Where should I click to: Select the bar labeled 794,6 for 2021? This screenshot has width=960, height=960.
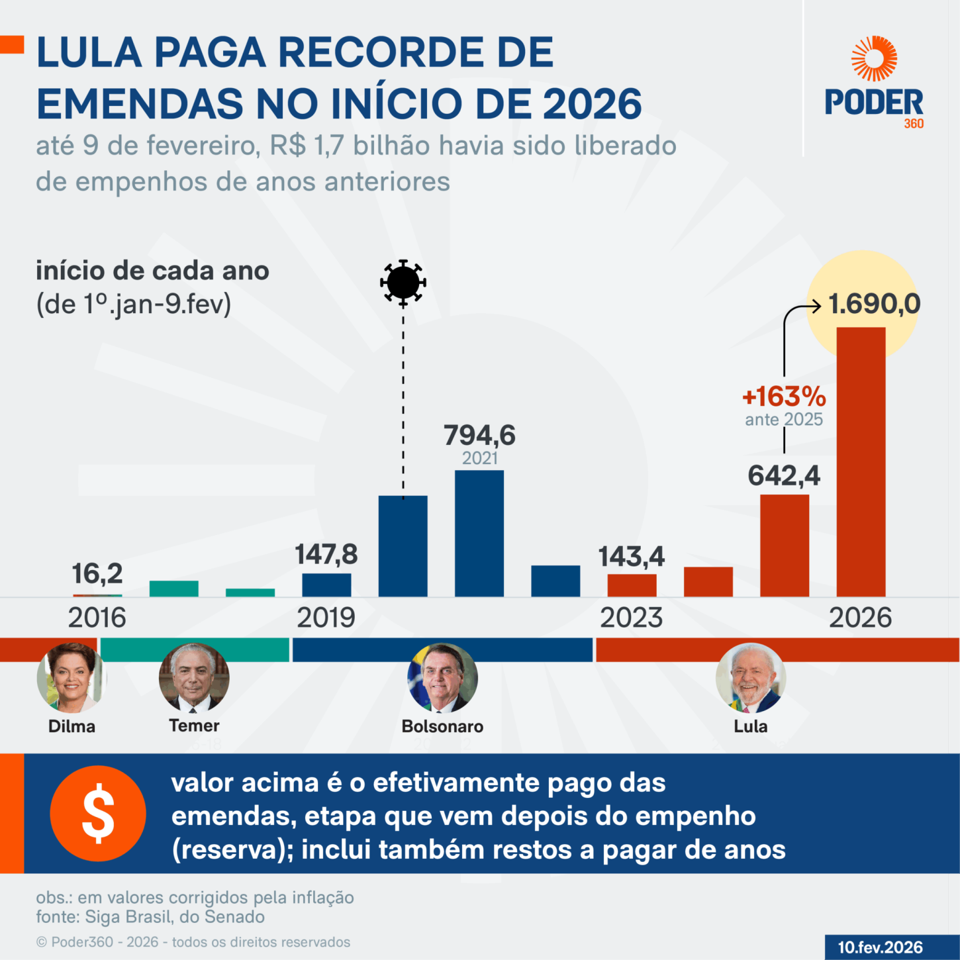tap(479, 533)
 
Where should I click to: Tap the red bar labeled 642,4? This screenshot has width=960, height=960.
tap(784, 546)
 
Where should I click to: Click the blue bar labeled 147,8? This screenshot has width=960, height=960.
tap(326, 585)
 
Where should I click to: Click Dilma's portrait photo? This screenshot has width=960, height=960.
tap(72, 677)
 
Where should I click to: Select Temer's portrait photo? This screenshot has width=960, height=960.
tap(194, 677)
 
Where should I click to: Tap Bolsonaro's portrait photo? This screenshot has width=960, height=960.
tap(442, 677)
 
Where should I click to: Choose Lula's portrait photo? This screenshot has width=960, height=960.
tap(750, 677)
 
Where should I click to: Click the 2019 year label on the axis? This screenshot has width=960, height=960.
tap(326, 618)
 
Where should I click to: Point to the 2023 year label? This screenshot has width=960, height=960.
tap(631, 618)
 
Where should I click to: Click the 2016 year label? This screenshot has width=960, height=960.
tap(97, 618)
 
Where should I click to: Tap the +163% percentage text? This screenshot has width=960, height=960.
tap(784, 397)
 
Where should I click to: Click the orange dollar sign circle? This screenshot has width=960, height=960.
tap(98, 813)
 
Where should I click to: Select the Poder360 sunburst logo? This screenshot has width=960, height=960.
tap(874, 59)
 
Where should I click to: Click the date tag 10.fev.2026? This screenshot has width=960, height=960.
tap(880, 947)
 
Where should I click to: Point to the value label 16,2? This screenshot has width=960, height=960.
tap(97, 573)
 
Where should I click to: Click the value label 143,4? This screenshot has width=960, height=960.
tap(631, 557)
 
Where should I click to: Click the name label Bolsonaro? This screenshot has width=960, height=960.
tap(442, 726)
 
